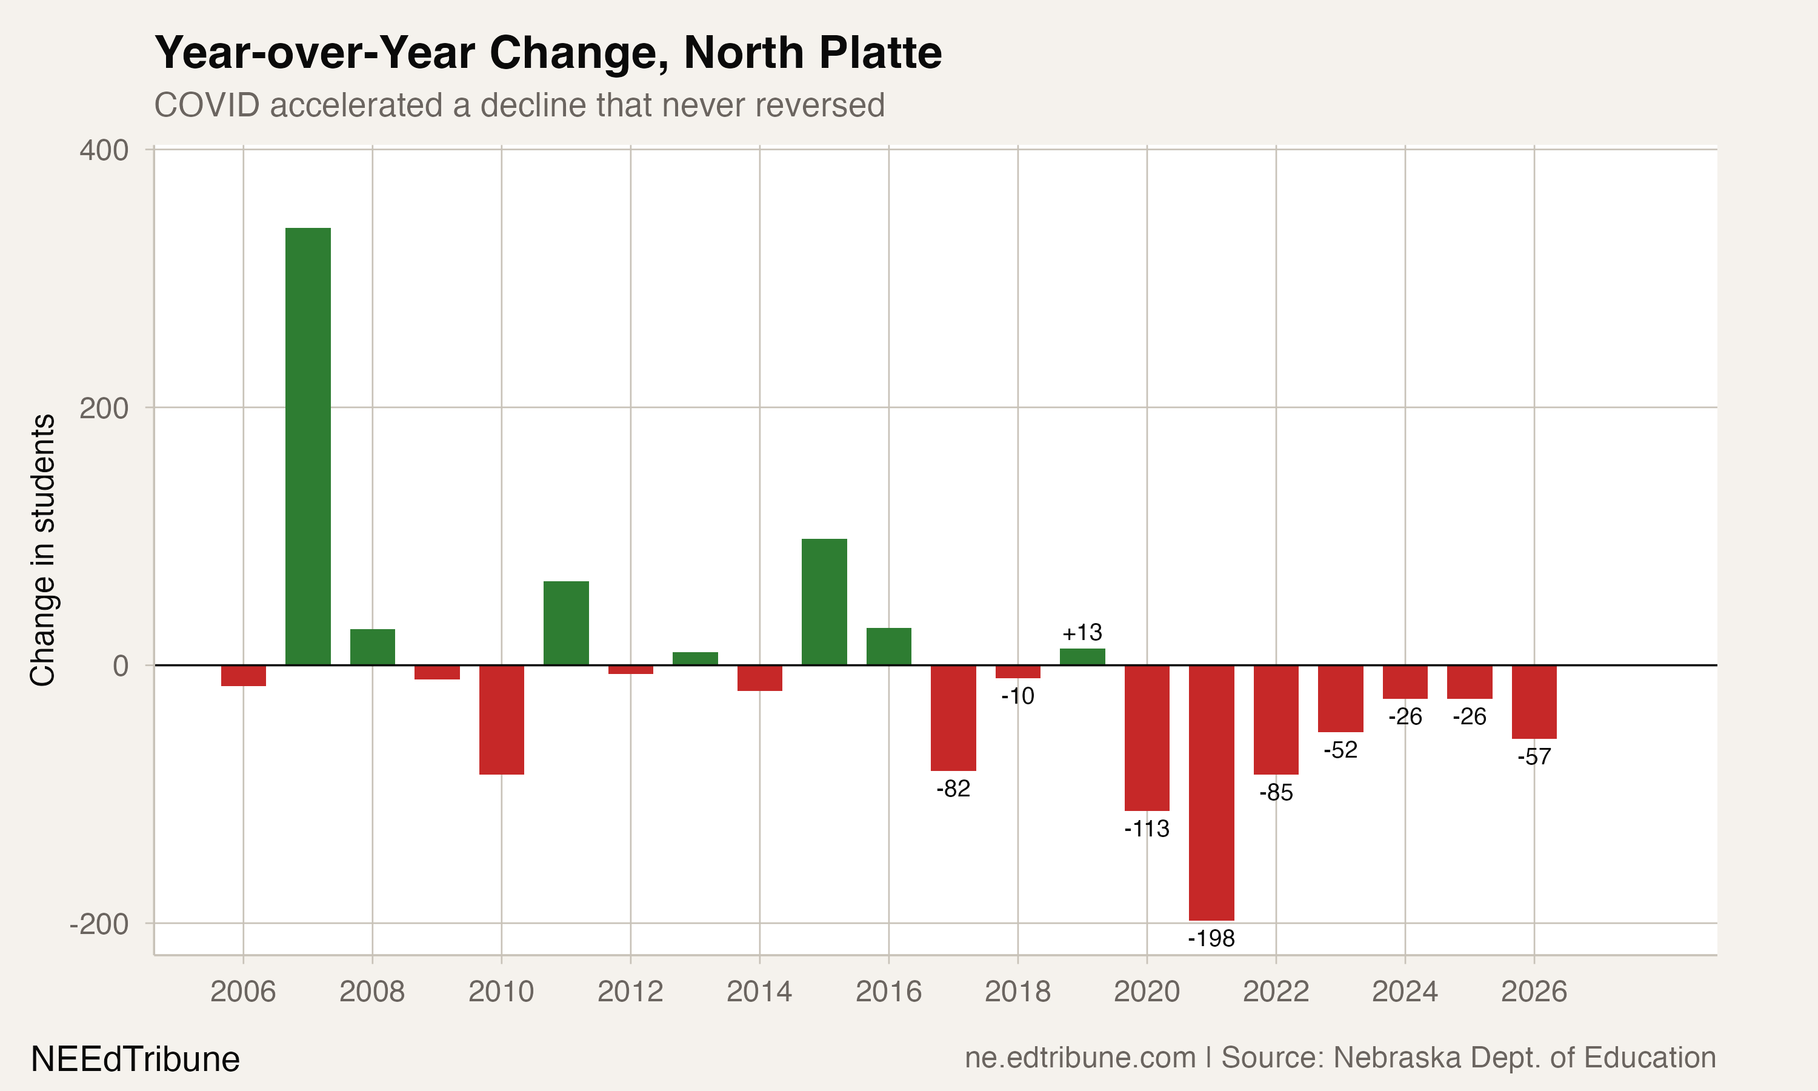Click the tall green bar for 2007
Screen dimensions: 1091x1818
pyautogui.click(x=308, y=446)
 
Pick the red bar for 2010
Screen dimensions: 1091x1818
pyautogui.click(x=501, y=719)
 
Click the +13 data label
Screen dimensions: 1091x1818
pyautogui.click(x=1082, y=632)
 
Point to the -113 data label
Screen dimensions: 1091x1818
pyautogui.click(x=1147, y=829)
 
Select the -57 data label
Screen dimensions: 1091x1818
pyautogui.click(x=1534, y=756)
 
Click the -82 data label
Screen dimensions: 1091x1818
pyautogui.click(x=953, y=789)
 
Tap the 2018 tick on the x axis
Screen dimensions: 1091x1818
pyautogui.click(x=1017, y=992)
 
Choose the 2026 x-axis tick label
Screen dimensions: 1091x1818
pyautogui.click(x=1534, y=992)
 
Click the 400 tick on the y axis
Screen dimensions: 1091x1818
pyautogui.click(x=104, y=150)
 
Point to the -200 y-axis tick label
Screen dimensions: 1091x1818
pyautogui.click(x=99, y=923)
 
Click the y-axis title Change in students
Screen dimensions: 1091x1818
pyautogui.click(x=42, y=550)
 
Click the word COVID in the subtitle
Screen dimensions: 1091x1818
pyautogui.click(x=207, y=105)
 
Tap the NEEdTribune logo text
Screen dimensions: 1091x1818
pyautogui.click(x=135, y=1059)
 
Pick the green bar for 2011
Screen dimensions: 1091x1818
pyautogui.click(x=566, y=622)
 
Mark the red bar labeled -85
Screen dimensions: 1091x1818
pyautogui.click(x=1276, y=719)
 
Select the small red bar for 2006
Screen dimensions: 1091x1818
pyautogui.click(x=243, y=675)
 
